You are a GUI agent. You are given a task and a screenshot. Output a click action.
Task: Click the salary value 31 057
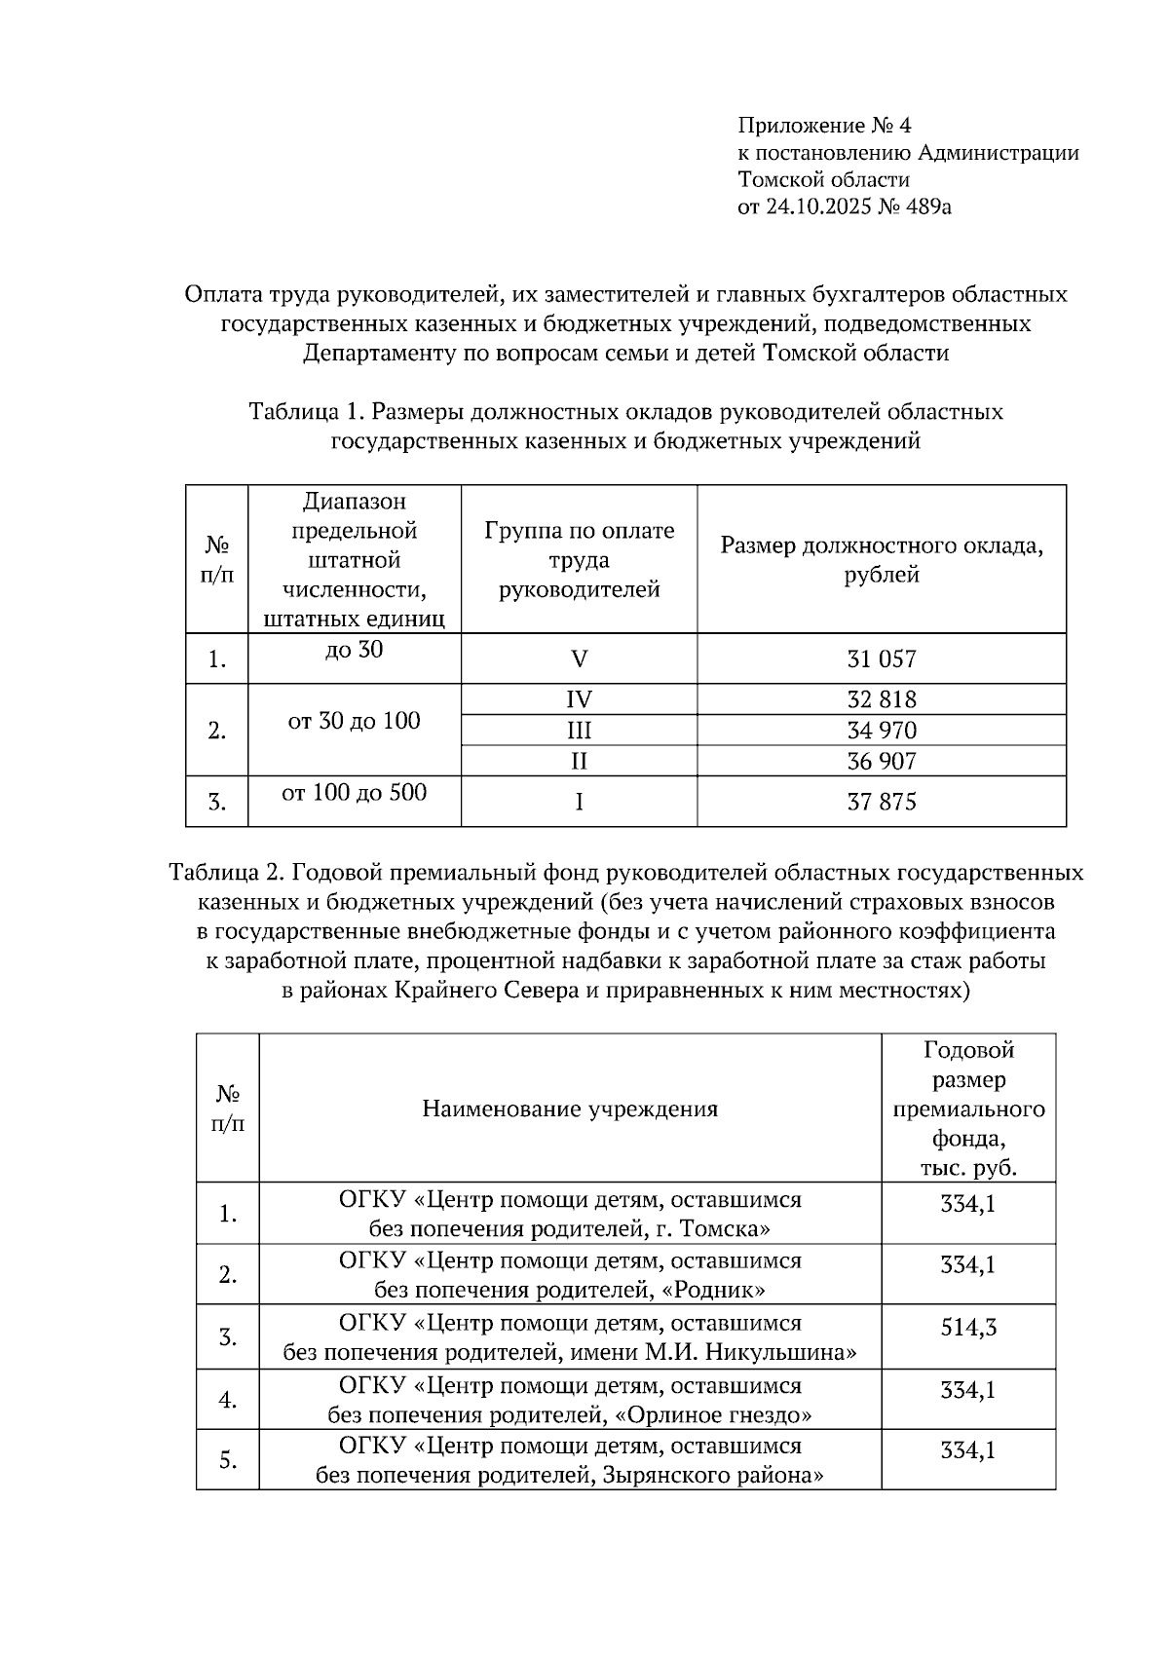pos(881,659)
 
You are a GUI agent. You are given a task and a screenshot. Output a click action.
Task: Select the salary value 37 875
pos(881,802)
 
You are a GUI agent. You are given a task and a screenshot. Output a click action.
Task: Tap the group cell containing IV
pos(579,699)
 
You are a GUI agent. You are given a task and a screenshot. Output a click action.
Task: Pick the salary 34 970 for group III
pos(881,731)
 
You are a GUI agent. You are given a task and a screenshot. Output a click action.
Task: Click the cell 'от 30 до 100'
pos(354,722)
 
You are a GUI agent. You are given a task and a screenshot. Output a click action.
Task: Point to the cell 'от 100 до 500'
pos(354,793)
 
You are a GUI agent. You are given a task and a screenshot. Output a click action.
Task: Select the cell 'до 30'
pos(354,650)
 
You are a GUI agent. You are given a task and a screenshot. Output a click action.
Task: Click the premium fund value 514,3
pos(967,1327)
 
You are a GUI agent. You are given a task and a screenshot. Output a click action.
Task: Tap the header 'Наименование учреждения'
pos(570,1109)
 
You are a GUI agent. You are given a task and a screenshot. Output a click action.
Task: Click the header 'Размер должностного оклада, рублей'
pos(881,560)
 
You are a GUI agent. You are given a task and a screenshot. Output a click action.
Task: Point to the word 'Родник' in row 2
pos(711,1291)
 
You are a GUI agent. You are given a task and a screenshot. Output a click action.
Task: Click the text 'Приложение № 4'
pos(824,126)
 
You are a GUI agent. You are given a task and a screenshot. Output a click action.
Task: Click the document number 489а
pos(925,207)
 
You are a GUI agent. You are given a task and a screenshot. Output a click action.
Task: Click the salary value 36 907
pos(881,761)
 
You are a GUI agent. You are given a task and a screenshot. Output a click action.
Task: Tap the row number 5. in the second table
pos(227,1460)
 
